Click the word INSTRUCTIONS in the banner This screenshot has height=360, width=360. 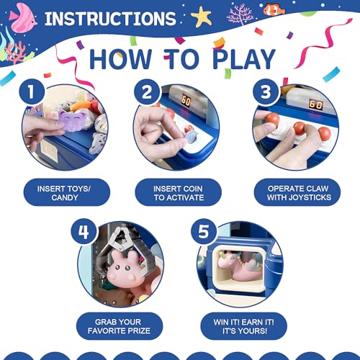pos(110,19)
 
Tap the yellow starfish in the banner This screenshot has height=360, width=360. pos(201,17)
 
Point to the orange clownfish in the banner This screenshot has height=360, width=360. pos(274,9)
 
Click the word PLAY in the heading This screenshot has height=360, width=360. pos(244,59)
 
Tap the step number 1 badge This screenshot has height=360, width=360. pos(32,91)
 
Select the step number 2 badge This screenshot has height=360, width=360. pos(147,92)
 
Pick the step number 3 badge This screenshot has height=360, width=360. pos(266,92)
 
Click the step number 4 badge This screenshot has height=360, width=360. pos(84,231)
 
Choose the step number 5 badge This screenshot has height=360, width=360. pos(203,231)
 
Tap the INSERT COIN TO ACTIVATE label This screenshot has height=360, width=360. pos(178,192)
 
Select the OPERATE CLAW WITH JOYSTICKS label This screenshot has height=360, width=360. pos(297,192)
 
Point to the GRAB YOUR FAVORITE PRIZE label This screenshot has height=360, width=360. pos(120,326)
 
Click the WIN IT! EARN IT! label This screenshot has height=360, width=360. pos(243,326)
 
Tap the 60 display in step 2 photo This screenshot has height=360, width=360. pos(186,100)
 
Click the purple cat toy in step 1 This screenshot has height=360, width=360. pos(72,120)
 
